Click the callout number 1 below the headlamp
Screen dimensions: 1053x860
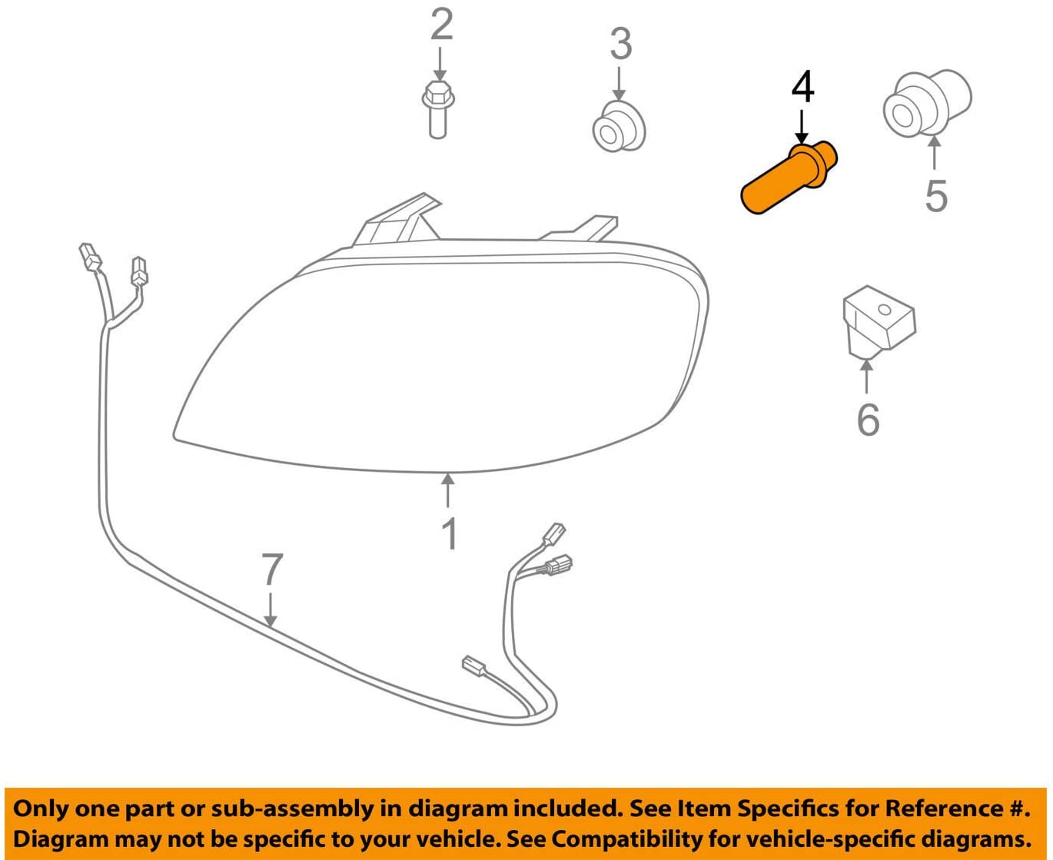coord(450,533)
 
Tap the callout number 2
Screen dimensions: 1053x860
coord(441,24)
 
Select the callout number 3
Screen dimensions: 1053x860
coord(620,43)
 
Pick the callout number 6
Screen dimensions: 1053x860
coord(868,420)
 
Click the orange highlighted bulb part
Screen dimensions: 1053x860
coord(789,178)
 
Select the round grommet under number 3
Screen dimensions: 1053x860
coord(619,127)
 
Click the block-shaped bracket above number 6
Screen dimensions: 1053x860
coord(879,321)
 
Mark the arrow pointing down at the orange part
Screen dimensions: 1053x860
coord(802,127)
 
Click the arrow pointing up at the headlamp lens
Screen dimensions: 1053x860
coord(448,491)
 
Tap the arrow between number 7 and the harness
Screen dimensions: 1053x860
coord(270,609)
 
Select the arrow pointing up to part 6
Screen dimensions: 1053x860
coord(867,377)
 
